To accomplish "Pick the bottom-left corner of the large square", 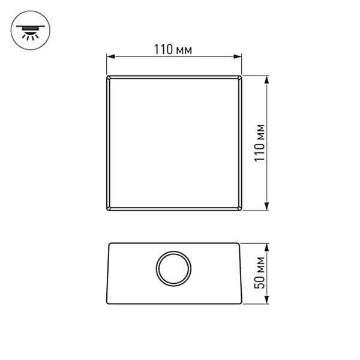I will (x=107, y=210).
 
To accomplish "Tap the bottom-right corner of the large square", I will (x=241, y=210).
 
